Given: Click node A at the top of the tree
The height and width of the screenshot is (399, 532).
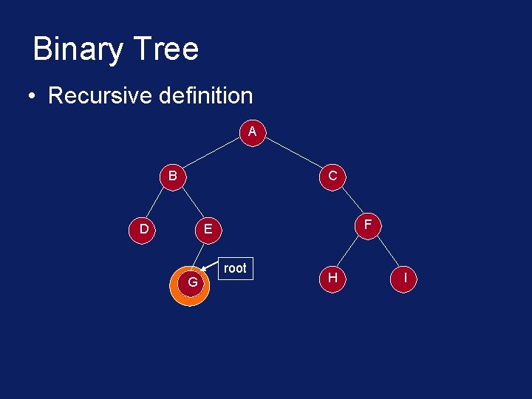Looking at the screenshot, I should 253,132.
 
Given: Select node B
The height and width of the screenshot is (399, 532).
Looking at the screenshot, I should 172,177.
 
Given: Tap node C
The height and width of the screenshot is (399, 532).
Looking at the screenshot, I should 332,177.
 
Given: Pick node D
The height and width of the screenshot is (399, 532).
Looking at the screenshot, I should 143,229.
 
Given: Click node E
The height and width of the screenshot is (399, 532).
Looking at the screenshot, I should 208,229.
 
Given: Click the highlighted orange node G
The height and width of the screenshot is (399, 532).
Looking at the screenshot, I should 192,282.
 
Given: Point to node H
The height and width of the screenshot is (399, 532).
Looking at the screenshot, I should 332,277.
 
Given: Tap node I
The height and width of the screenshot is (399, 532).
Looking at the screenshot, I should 405,277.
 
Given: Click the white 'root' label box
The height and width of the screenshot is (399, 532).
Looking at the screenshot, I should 235,268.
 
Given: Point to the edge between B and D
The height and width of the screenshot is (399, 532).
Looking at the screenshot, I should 157,203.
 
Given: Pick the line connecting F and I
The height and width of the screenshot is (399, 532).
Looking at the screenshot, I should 386,250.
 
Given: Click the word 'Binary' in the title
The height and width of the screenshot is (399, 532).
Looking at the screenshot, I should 76,50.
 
